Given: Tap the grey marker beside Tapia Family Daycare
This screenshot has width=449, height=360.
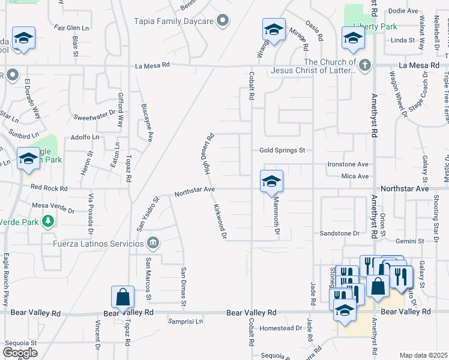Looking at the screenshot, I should pos(223,21).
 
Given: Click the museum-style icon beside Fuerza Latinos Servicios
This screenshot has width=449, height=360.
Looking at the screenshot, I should pos(153,242).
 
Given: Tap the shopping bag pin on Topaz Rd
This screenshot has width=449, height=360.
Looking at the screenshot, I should pos(122,298).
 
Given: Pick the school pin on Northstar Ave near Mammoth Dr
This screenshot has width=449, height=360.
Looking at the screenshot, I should pos(271,181).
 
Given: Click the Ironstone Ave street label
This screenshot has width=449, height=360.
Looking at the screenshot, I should pos(348,164).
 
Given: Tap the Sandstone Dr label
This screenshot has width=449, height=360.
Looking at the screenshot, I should pos(339,233).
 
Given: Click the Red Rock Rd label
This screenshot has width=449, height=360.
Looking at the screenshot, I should pos(50,188).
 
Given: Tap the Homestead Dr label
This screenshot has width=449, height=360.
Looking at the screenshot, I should pos(280,328).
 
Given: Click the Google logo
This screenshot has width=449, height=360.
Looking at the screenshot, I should pos(20,352).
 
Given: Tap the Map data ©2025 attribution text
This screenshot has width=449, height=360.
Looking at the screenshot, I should pos(423,355).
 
